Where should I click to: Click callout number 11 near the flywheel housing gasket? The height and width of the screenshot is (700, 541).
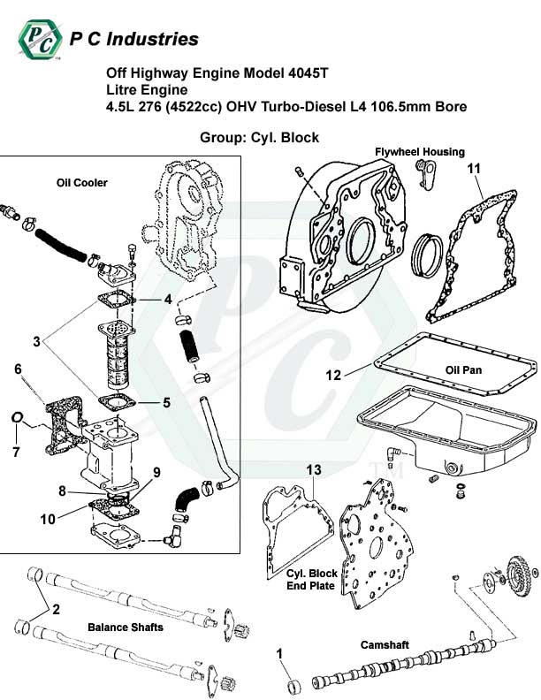[x=473, y=169]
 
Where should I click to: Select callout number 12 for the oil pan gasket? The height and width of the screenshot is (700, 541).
[x=333, y=375]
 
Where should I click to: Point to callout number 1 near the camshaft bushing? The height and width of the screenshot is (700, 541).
[x=280, y=654]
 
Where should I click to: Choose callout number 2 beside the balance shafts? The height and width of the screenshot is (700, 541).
[x=56, y=609]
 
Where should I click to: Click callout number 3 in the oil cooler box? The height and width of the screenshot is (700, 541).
[x=36, y=340]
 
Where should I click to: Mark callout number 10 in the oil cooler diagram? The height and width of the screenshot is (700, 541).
[x=47, y=518]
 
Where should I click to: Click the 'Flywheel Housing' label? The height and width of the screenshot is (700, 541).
[x=419, y=152]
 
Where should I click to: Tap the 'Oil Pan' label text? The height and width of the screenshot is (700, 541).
[x=463, y=370]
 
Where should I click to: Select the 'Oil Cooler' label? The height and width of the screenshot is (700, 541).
[x=81, y=183]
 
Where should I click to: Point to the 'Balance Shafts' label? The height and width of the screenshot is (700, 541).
[x=125, y=628]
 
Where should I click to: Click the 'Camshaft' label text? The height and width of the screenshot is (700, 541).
[x=384, y=645]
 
